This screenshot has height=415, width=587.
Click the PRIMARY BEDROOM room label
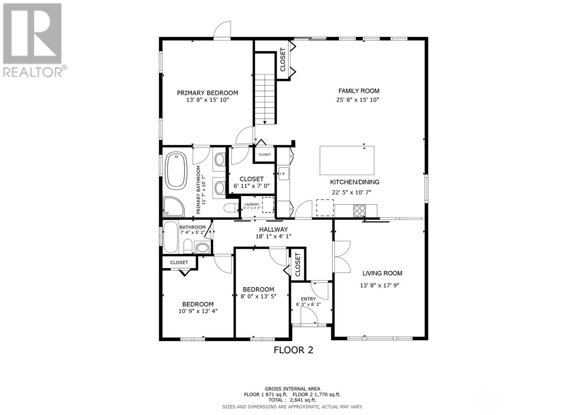(x=207, y=93)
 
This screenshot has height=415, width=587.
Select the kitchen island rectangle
(x=347, y=160)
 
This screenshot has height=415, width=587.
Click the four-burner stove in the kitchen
(x=359, y=211)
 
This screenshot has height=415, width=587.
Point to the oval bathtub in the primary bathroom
(x=176, y=171)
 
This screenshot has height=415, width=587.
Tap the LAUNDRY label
(x=252, y=204)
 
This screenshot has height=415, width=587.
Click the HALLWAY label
(x=273, y=229)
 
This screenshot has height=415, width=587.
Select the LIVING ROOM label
(x=382, y=273)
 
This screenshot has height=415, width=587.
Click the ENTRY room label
(x=308, y=299)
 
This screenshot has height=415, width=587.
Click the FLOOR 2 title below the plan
(x=293, y=350)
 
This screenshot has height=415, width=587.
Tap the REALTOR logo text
(x=33, y=72)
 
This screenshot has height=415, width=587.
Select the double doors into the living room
(x=342, y=256)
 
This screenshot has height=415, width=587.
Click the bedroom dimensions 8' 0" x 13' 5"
(x=258, y=296)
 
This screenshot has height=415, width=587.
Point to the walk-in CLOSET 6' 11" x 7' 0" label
(x=251, y=179)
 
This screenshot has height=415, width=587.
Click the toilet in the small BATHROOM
(x=188, y=246)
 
